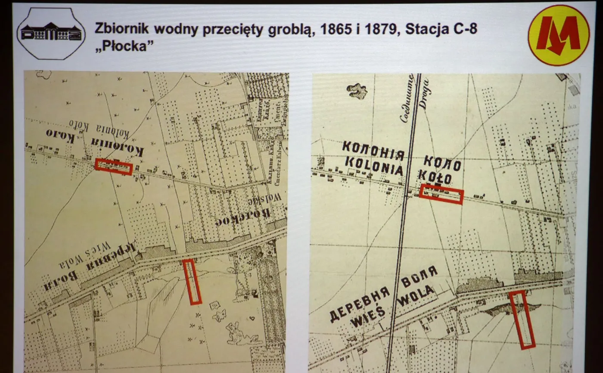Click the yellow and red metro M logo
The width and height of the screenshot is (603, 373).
pos(559,34)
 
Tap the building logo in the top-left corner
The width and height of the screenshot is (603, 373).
pos(51,33)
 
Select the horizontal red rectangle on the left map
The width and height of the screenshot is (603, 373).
pos(114,167)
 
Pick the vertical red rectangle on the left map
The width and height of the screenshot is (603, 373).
pos(192,282)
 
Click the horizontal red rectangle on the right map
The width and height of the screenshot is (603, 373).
pos(441,194)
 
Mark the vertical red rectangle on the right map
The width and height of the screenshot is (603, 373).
pos(522,320)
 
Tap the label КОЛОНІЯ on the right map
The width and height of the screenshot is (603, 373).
pos(373,150)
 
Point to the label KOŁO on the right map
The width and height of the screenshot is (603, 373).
pos(438,178)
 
